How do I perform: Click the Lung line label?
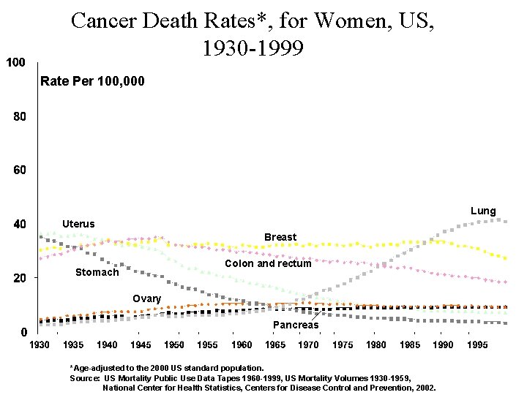483,211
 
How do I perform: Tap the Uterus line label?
78,223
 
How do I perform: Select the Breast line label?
280,237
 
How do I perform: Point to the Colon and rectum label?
268,263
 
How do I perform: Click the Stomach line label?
97,272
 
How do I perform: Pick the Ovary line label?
146,298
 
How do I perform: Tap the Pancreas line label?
296,325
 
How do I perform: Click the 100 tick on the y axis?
16,62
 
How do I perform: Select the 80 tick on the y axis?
18,116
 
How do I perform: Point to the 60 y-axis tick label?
18,170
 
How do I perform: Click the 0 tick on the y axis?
23,331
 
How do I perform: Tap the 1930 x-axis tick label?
39,345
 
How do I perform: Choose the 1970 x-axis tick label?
308,345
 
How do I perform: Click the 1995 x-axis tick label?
476,345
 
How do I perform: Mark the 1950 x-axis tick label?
173,345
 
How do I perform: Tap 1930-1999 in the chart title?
252,48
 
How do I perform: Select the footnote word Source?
85,377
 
